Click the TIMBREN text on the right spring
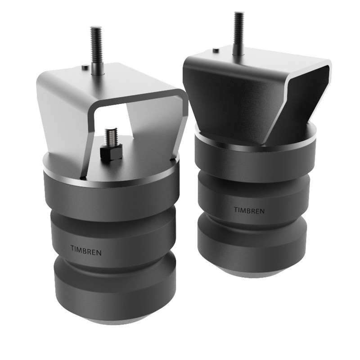click(x=249, y=210)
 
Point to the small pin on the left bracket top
click(x=85, y=67)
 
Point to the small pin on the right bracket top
click(x=216, y=50)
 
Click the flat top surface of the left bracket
click(x=117, y=79)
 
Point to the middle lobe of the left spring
click(x=112, y=238)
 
